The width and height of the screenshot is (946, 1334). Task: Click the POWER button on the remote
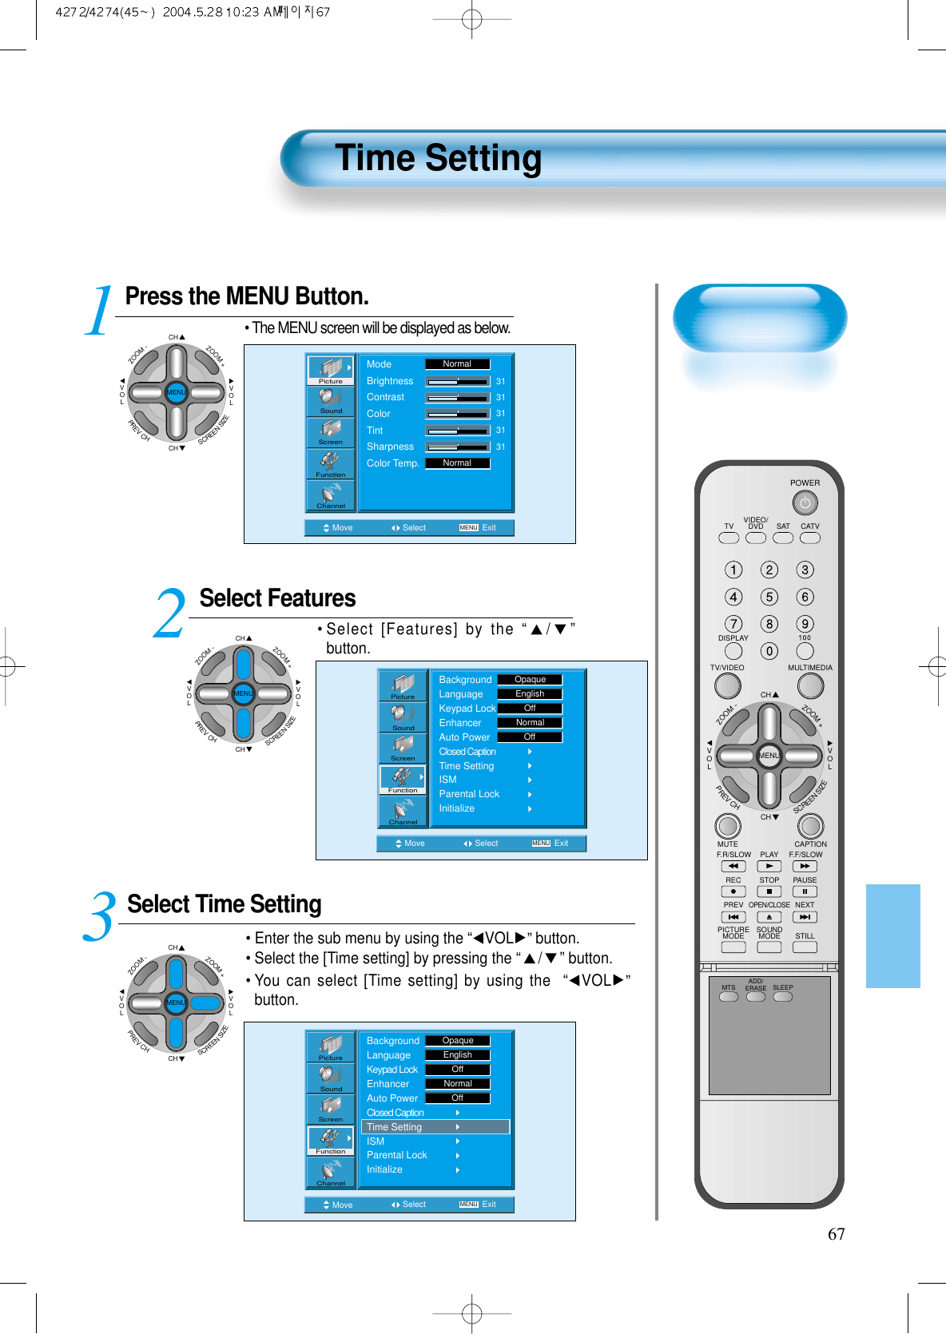tap(805, 503)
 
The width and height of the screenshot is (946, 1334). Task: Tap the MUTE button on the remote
tap(727, 826)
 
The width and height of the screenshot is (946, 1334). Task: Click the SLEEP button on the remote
tap(783, 997)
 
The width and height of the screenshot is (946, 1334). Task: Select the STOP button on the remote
tap(769, 891)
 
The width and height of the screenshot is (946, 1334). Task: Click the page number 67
tap(836, 1234)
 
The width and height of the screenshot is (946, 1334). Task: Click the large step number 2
tap(169, 614)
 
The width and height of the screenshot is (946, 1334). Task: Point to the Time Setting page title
tap(438, 158)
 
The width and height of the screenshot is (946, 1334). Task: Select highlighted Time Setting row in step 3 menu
tap(435, 1127)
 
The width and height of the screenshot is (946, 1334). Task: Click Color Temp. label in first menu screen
tap(392, 463)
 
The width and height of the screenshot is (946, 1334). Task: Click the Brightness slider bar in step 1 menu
tap(457, 382)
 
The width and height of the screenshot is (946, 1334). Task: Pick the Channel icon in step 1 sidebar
tap(331, 496)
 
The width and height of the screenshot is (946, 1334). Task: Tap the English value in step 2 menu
tap(530, 694)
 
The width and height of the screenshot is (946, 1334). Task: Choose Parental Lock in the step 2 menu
tap(469, 794)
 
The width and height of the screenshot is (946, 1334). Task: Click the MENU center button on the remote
tap(769, 756)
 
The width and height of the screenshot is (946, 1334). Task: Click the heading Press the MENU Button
tap(247, 296)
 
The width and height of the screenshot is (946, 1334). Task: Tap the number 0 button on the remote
tap(769, 651)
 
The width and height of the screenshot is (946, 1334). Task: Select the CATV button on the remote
tap(810, 538)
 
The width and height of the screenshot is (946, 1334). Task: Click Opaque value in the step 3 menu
tap(458, 1041)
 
